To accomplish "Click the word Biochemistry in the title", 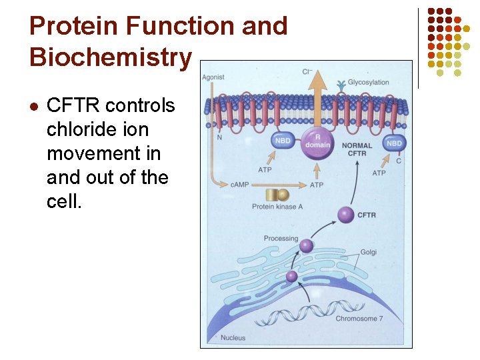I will (110, 57).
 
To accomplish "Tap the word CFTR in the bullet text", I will (73, 105).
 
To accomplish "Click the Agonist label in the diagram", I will (213, 77).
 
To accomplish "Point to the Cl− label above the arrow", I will (307, 71).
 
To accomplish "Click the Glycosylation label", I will (368, 83).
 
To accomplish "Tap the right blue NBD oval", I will (394, 143).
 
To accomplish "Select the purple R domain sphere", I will (318, 141).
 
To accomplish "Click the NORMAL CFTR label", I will (357, 149).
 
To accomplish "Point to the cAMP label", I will (240, 184).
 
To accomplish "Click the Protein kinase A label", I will (277, 207).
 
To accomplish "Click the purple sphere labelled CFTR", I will (345, 215).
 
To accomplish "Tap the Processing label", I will (280, 239).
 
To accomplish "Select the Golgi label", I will (369, 253).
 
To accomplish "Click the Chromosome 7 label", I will (359, 319).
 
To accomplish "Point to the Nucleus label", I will (233, 337).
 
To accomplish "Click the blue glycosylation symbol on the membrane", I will (341, 85).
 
